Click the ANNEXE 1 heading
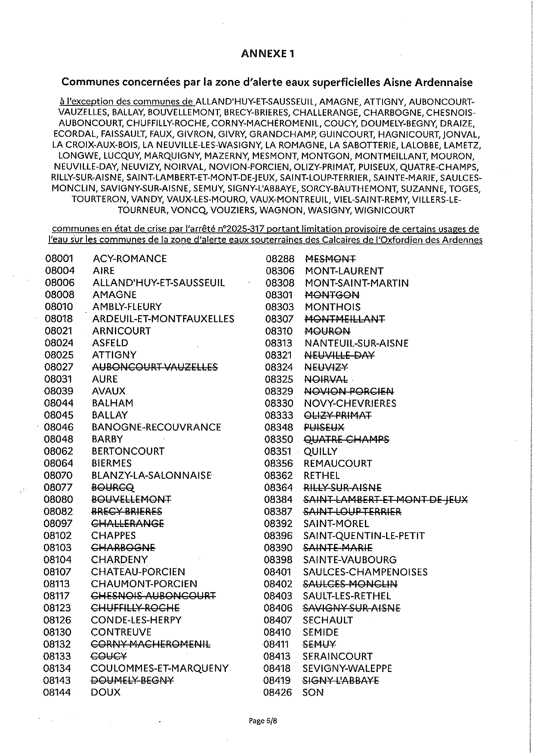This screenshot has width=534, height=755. (268, 53)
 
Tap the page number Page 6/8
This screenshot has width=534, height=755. (263, 721)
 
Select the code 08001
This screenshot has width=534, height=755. (59, 259)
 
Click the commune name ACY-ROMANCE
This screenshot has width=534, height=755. (130, 259)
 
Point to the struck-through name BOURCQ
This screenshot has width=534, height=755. (113, 487)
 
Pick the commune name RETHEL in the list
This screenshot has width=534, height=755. (321, 475)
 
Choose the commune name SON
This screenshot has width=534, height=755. (313, 692)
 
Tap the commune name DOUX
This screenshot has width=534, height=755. (106, 692)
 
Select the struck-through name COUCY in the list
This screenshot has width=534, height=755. (109, 656)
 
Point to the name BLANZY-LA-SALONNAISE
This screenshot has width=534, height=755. (151, 475)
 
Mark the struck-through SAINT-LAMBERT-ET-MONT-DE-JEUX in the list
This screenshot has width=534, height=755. (386, 499)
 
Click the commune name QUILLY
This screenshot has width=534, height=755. (321, 451)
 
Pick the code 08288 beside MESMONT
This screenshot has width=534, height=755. (280, 259)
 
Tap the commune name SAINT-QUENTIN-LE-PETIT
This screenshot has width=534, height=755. (364, 536)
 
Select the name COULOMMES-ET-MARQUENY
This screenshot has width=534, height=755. (160, 668)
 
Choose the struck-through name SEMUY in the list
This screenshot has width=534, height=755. (319, 644)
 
